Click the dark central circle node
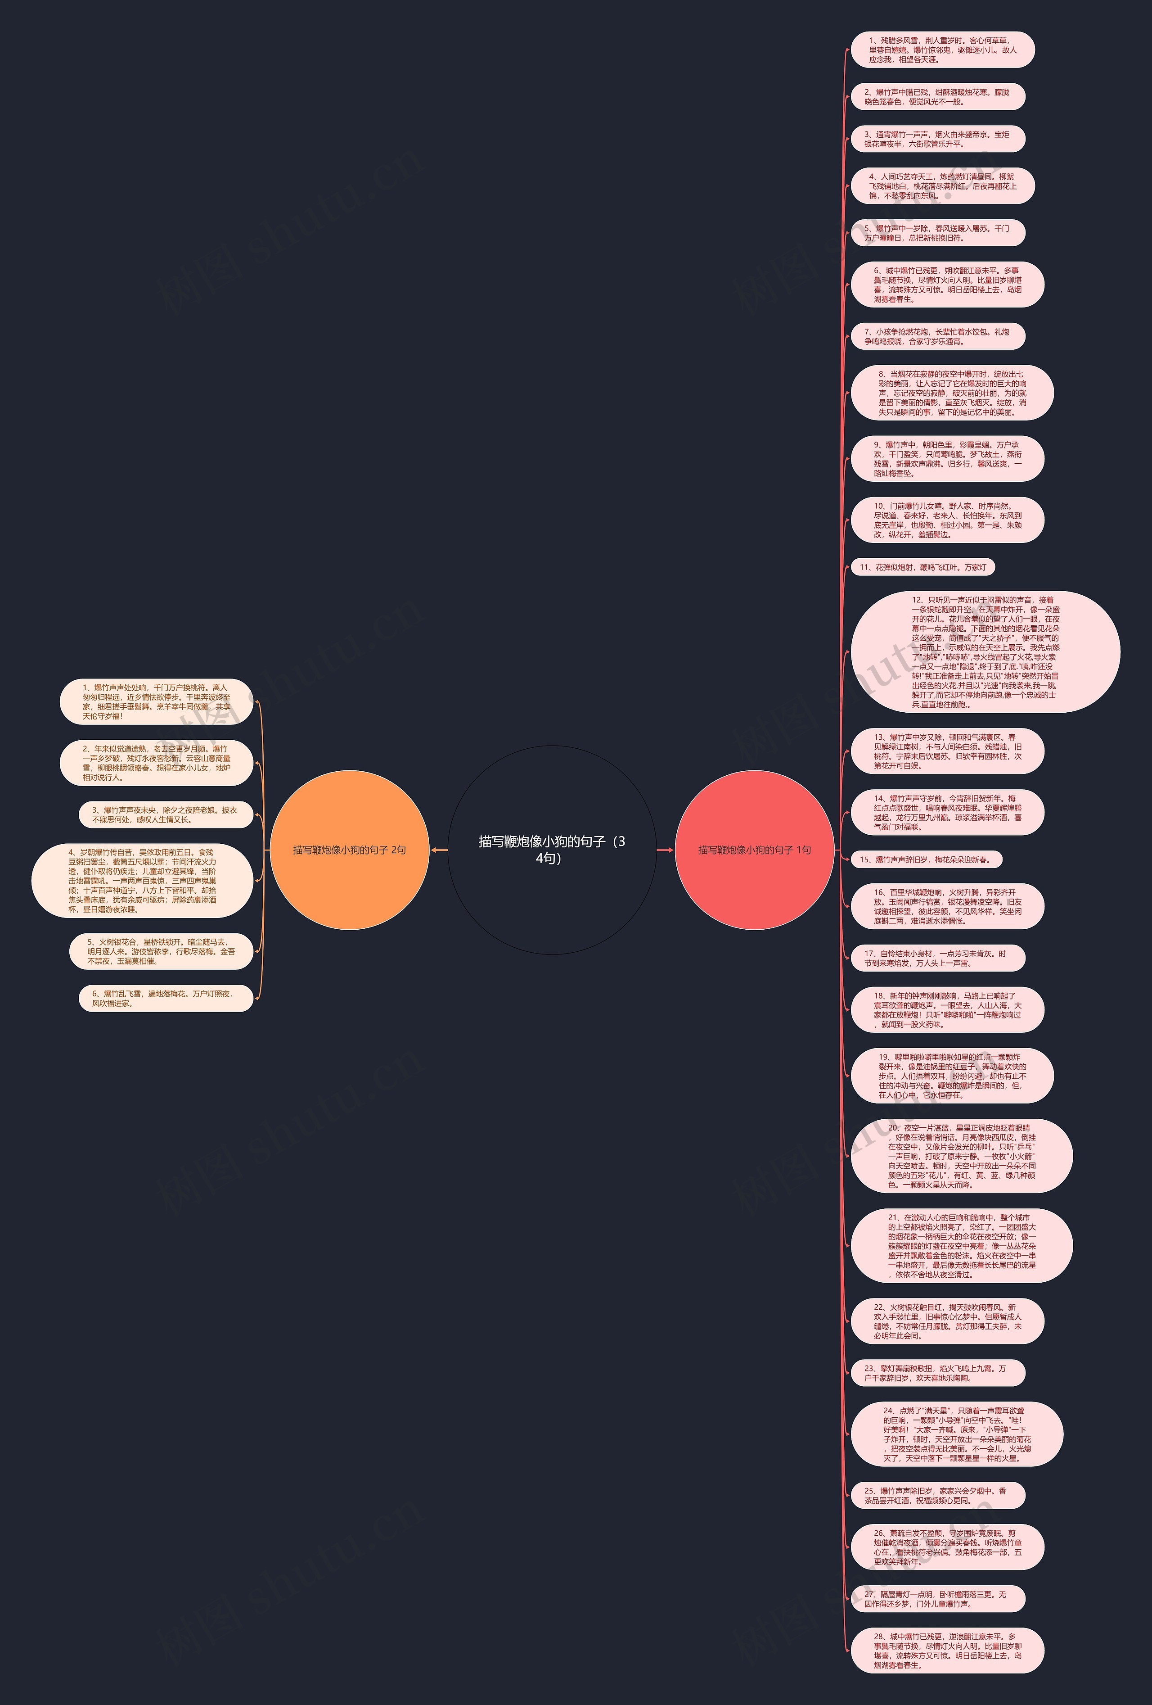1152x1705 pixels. pyautogui.click(x=551, y=850)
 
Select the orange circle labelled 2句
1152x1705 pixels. pyautogui.click(x=349, y=850)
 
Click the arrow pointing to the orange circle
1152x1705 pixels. pyautogui.click(x=438, y=850)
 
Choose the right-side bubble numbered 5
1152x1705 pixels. pyautogui.click(x=937, y=233)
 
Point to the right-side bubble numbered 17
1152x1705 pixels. pyautogui.click(x=937, y=958)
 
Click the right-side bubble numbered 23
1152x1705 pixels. pyautogui.click(x=937, y=1373)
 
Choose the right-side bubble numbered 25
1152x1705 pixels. pyautogui.click(x=937, y=1495)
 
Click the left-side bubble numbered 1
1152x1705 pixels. pyautogui.click(x=156, y=702)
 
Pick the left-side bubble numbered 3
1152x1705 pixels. pyautogui.click(x=165, y=814)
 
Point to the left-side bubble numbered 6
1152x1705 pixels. pyautogui.click(x=165, y=998)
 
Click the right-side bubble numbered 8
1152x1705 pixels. pyautogui.click(x=952, y=393)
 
